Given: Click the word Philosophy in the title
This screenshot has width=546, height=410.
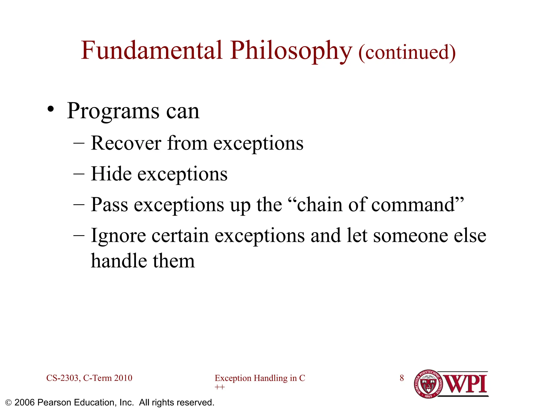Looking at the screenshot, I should (x=291, y=51).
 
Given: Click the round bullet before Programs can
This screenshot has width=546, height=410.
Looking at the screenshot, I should (x=51, y=110).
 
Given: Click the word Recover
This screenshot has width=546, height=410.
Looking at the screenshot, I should (x=126, y=143).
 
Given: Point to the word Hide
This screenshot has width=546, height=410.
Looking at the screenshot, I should (x=111, y=174).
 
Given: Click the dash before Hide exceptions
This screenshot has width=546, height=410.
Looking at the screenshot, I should (x=79, y=174).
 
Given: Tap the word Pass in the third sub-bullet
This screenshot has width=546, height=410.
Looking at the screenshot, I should (x=109, y=205).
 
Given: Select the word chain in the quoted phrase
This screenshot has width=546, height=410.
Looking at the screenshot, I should (x=319, y=205).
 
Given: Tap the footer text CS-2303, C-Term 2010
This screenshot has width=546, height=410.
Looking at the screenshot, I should (x=89, y=378).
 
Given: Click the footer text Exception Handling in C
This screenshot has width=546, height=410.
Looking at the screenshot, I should (x=260, y=378).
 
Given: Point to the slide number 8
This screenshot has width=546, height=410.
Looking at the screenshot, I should (x=402, y=378).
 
